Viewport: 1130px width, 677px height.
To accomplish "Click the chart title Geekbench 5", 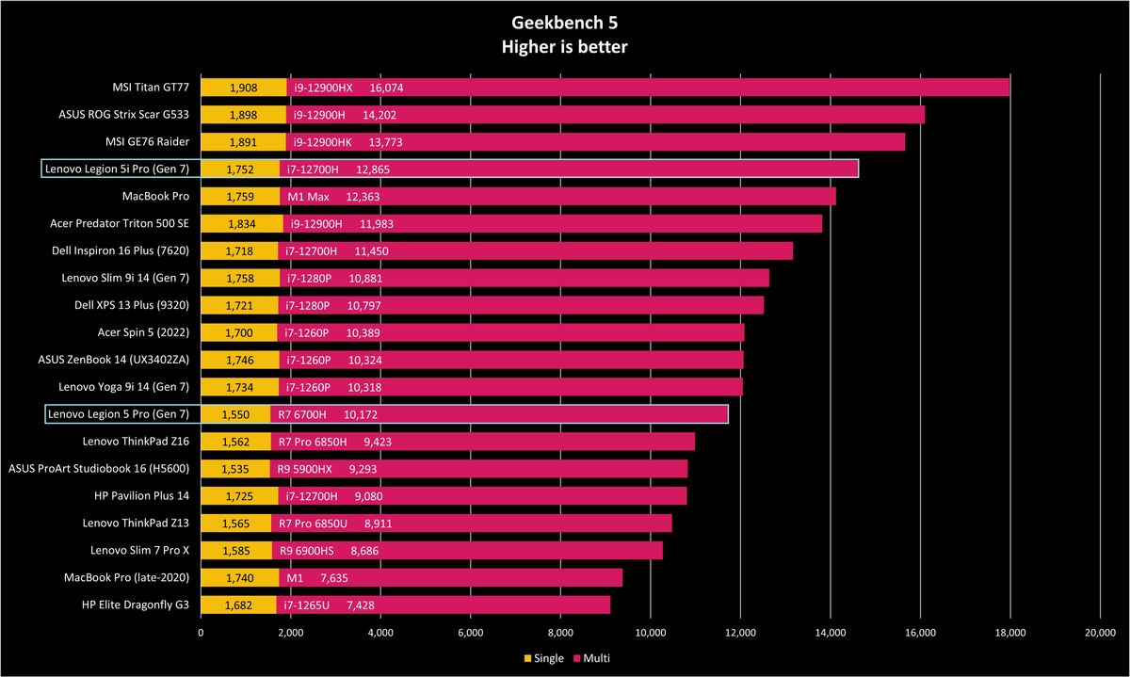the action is (x=564, y=23).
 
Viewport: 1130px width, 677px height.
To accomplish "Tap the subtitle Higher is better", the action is (x=564, y=47).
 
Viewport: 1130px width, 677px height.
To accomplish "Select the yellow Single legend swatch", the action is (x=527, y=658).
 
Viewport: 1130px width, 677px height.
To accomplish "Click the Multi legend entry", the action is (x=591, y=658).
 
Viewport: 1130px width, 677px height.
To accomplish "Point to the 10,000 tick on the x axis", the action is (x=651, y=633).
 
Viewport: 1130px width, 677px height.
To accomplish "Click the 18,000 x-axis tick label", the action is (x=1009, y=633).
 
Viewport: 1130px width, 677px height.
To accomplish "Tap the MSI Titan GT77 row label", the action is (x=151, y=88).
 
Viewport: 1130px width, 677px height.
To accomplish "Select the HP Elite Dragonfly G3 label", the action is (x=136, y=604).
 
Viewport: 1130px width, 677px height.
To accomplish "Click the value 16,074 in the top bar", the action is (x=386, y=88).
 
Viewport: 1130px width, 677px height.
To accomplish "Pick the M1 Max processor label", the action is (x=308, y=197).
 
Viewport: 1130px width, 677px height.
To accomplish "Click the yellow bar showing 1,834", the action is (x=242, y=224).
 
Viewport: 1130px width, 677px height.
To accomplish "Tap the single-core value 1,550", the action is (x=235, y=414).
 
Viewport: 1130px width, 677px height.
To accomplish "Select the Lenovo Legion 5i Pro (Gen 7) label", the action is (x=117, y=169).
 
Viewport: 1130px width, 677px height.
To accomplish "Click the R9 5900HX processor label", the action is (x=305, y=469).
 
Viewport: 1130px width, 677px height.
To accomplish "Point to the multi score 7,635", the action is (x=334, y=578).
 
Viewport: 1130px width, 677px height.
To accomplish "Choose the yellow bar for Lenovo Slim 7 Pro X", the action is (x=236, y=551).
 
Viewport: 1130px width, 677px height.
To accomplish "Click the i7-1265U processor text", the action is (x=306, y=605).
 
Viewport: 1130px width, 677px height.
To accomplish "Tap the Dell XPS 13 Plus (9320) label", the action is (x=132, y=305).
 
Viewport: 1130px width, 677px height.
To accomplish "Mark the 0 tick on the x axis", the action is (x=201, y=633).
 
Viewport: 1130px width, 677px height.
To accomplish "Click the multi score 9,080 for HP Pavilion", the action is (x=368, y=496).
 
